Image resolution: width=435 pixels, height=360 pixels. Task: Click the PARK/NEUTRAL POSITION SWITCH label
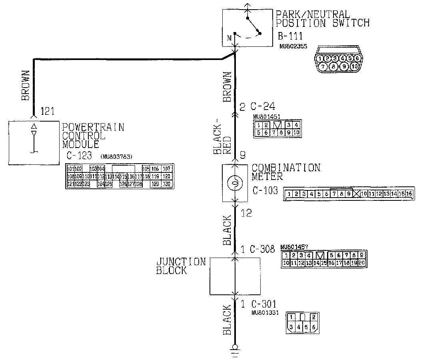pyautogui.click(x=322, y=19)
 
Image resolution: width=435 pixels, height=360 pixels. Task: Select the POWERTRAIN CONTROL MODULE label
pyautogui.click(x=93, y=135)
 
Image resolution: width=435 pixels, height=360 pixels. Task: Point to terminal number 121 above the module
pyautogui.click(x=47, y=112)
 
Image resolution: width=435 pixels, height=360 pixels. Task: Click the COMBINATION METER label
pyautogui.click(x=286, y=172)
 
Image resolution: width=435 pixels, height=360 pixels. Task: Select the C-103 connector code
pyautogui.click(x=265, y=190)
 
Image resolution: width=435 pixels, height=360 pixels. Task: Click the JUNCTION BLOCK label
pyautogui.click(x=181, y=266)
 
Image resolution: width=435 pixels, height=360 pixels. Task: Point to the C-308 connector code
pyautogui.click(x=263, y=249)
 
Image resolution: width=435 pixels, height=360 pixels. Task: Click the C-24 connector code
pyautogui.click(x=263, y=106)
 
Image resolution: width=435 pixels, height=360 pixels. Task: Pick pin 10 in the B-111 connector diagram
pyautogui.click(x=353, y=66)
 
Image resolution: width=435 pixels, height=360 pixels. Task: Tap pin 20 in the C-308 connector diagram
pyautogui.click(x=361, y=263)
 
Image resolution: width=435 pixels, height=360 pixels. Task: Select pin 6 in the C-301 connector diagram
pyautogui.click(x=314, y=327)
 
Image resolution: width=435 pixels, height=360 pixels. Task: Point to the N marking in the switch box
pyautogui.click(x=229, y=38)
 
